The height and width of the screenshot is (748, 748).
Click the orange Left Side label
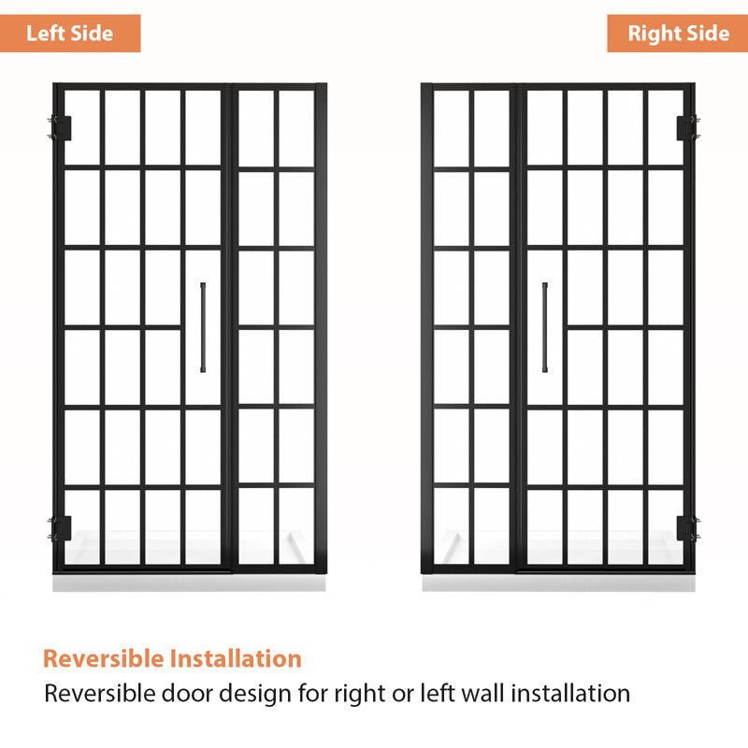(70, 34)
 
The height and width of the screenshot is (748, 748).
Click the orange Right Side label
(677, 34)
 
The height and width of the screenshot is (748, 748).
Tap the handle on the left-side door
(203, 327)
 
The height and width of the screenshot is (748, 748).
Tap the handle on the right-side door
(545, 327)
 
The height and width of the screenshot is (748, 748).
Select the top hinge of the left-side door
(61, 128)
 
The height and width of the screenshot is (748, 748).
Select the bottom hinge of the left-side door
(61, 528)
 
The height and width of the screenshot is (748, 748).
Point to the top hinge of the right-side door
(688, 128)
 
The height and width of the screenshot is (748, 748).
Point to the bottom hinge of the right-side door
(688, 528)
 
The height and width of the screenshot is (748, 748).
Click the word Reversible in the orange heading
(104, 658)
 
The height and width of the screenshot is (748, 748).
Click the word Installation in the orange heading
(237, 658)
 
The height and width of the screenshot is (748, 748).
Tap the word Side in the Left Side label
(93, 34)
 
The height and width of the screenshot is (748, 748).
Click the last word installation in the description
(570, 693)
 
